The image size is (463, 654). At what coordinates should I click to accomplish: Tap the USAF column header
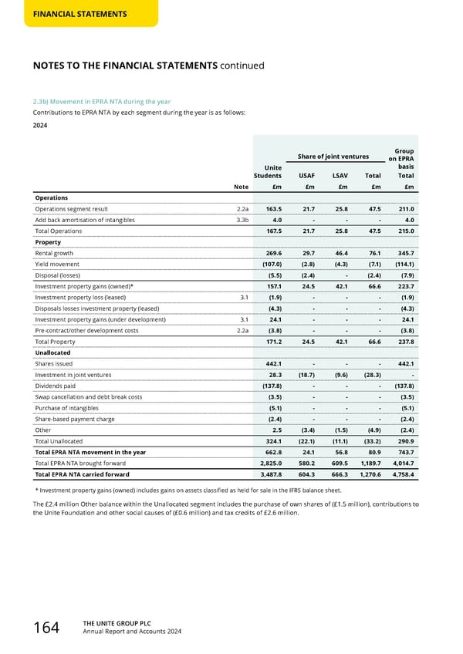click(x=306, y=175)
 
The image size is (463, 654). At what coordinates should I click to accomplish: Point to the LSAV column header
click(x=340, y=175)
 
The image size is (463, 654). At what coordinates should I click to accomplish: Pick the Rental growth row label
click(x=54, y=252)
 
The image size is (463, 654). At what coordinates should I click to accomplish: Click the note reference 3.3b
click(x=241, y=220)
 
